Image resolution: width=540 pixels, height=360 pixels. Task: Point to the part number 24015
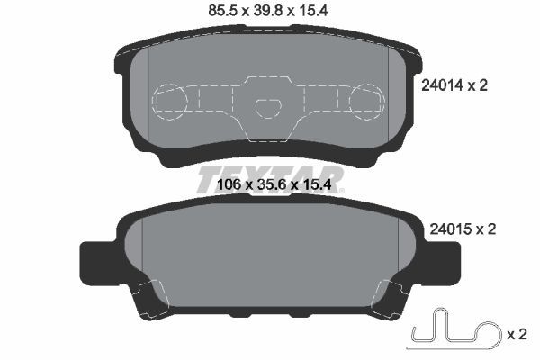(x=444, y=229)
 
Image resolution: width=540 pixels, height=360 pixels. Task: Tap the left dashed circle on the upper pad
(x=170, y=100)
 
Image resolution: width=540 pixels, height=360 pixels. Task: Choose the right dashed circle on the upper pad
(x=368, y=100)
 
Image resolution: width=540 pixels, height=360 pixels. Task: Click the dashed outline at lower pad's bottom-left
(x=149, y=297)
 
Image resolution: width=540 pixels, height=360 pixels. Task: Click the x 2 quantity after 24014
(x=485, y=85)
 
